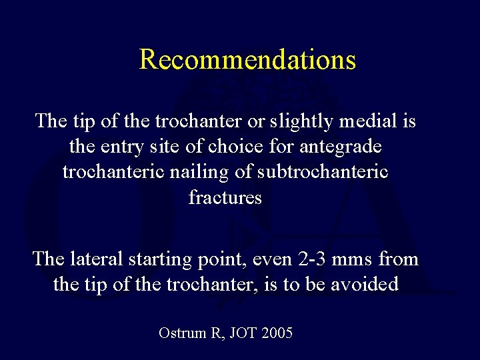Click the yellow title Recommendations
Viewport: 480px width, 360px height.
247,59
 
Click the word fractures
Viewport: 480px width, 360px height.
225,197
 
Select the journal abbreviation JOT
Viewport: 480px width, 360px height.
242,333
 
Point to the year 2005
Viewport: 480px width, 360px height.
277,333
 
